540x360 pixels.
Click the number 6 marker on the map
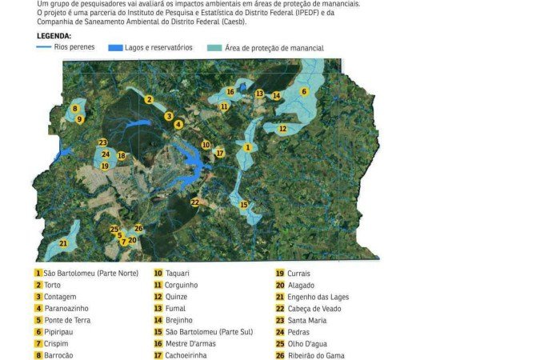[x=304, y=91]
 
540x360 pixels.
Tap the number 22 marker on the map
[x=194, y=202]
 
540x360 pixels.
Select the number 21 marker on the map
[x=63, y=243]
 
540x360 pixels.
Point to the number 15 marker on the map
[x=244, y=205]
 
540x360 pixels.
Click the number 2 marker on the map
[x=149, y=99]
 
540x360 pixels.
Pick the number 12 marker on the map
[x=282, y=128]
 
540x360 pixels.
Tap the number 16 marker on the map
[x=230, y=92]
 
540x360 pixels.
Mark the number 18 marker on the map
[x=121, y=156]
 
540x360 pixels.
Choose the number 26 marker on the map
[x=138, y=229]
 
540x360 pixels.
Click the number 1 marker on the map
[x=248, y=147]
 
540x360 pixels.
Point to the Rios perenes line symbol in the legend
[x=45, y=47]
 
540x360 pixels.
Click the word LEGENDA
[x=54, y=37]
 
